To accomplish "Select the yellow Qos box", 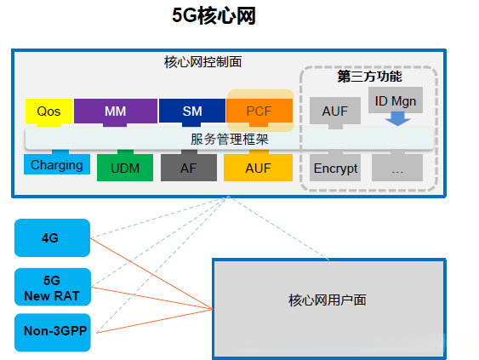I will tap(48, 111).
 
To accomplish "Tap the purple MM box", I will tap(115, 111).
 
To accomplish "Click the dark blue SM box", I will tap(191, 111).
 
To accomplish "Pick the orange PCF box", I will tap(259, 111).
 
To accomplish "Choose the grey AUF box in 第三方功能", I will tap(334, 111).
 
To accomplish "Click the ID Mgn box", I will tap(396, 102).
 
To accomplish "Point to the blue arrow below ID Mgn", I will tap(396, 121).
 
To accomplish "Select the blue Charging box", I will tap(57, 165).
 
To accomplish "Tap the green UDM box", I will tap(124, 168).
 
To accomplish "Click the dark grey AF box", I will tap(188, 168).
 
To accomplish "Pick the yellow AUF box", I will tap(258, 168).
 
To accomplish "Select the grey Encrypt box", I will tap(335, 168).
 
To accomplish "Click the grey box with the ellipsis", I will tap(396, 168).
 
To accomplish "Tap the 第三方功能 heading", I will tap(369, 76).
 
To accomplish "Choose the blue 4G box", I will tap(51, 237).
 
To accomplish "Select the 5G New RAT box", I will tap(51, 287).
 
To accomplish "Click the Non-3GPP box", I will tap(51, 333).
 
